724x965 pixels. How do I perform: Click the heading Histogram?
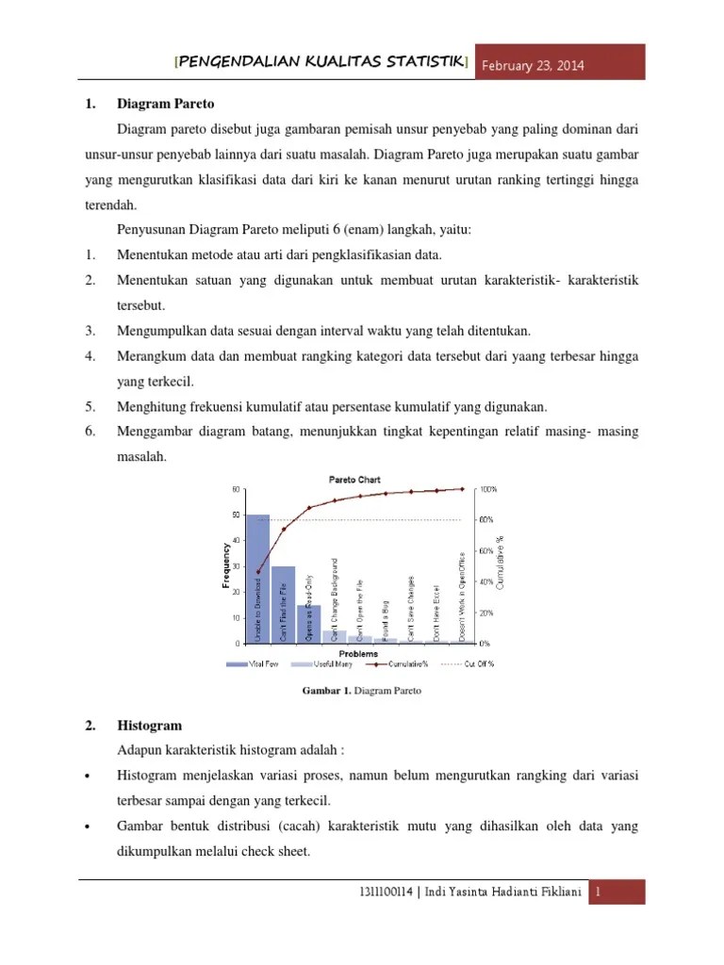(149, 726)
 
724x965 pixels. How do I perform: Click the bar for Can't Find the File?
(284, 604)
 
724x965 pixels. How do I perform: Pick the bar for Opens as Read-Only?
(309, 623)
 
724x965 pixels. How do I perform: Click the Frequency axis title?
(226, 565)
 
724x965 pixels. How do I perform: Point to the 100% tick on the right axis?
(488, 489)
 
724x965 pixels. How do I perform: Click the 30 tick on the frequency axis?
(235, 566)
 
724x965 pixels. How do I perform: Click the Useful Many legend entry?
(319, 663)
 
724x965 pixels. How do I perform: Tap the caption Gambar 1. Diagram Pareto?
(361, 691)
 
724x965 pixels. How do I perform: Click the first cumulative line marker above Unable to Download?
(258, 571)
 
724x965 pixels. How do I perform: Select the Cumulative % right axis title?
(501, 565)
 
